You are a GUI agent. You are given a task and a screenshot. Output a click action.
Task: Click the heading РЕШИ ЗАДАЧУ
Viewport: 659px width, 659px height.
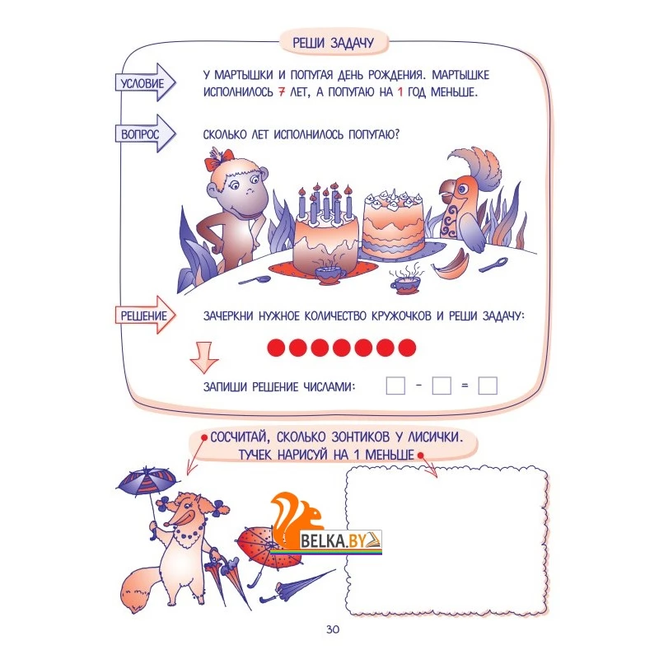click(333, 43)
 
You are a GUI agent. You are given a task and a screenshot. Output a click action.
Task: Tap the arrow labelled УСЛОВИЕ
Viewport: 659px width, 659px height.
click(145, 82)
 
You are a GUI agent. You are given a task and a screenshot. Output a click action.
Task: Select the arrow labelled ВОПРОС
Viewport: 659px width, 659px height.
click(145, 133)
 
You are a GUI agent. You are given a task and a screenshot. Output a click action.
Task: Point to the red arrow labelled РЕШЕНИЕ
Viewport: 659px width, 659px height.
click(145, 315)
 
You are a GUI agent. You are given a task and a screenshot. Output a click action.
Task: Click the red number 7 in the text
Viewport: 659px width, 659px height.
click(282, 91)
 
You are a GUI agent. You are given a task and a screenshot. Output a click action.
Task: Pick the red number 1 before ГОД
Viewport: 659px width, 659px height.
click(400, 91)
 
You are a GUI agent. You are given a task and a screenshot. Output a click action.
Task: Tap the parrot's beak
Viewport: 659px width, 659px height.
click(445, 189)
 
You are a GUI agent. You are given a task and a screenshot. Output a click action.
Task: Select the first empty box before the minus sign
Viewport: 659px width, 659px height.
click(395, 386)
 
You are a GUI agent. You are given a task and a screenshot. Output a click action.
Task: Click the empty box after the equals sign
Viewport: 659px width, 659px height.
click(488, 386)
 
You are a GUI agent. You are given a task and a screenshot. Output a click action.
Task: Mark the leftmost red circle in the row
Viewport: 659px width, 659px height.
click(276, 348)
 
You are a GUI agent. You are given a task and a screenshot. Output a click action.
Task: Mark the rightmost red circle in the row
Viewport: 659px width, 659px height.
click(407, 348)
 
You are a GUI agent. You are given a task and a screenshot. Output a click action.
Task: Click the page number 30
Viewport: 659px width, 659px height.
click(333, 629)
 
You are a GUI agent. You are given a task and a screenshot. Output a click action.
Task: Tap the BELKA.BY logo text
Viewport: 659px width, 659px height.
click(334, 540)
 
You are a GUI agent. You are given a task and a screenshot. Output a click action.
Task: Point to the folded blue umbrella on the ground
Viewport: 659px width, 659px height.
click(296, 586)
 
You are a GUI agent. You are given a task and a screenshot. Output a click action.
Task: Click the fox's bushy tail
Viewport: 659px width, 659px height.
click(139, 587)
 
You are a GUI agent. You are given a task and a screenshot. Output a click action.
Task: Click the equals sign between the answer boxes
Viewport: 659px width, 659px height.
click(465, 386)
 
